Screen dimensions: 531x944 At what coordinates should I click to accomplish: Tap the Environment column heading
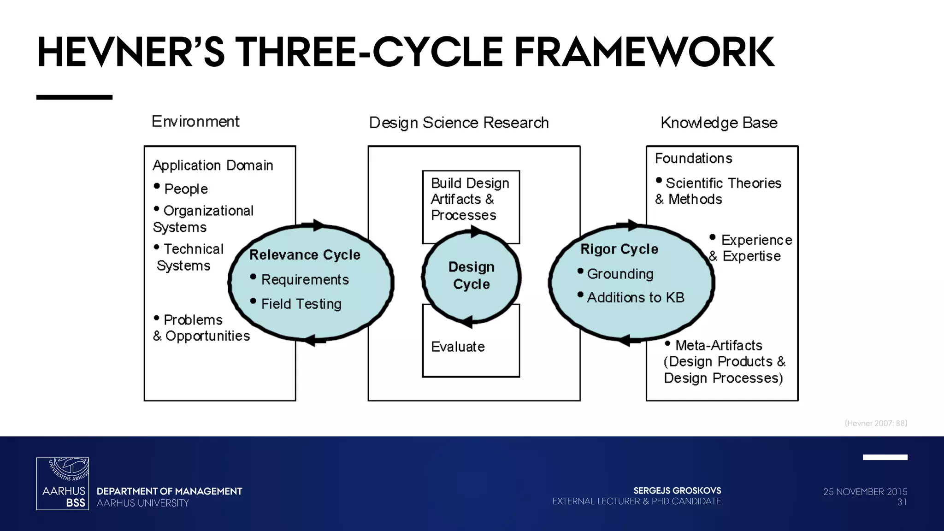click(195, 122)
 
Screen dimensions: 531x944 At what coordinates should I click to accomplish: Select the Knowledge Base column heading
click(719, 123)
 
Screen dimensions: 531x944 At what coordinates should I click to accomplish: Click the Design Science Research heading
click(459, 123)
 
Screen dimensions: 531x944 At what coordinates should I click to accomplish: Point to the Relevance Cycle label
click(305, 255)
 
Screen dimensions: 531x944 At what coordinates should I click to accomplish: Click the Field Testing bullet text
click(301, 304)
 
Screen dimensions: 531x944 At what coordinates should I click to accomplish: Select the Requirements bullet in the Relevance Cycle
click(305, 280)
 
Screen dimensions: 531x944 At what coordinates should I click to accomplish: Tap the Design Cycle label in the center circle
click(471, 276)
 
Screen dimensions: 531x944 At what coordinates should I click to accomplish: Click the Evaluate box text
click(458, 347)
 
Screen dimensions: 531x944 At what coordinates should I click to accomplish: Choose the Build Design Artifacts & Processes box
click(470, 199)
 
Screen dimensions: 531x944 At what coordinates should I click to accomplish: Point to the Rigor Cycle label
click(619, 249)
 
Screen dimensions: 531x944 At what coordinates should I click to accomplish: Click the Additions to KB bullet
click(635, 298)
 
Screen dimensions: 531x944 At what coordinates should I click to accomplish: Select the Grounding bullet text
click(620, 274)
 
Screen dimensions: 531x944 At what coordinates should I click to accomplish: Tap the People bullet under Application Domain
click(186, 189)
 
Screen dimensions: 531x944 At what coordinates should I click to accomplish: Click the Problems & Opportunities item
click(201, 328)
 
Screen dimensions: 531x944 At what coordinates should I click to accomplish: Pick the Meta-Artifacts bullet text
click(719, 345)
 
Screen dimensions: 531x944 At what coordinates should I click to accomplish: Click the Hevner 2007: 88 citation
click(876, 423)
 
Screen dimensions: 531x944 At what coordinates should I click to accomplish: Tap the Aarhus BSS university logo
click(63, 484)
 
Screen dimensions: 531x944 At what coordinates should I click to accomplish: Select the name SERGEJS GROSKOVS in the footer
click(677, 490)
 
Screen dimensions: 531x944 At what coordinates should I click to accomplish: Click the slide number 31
click(902, 502)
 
